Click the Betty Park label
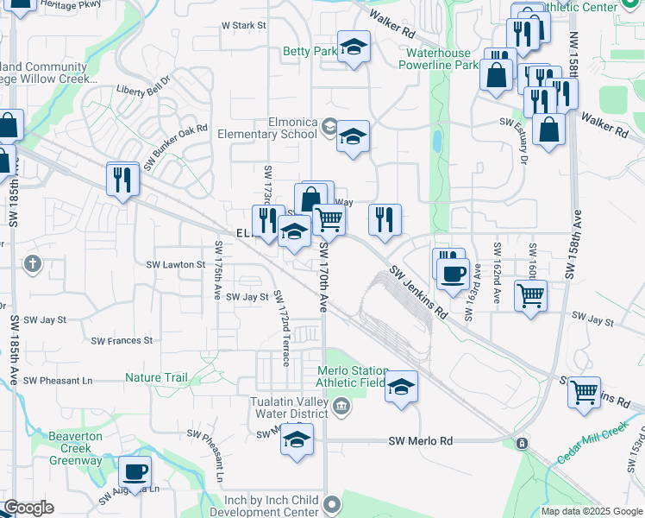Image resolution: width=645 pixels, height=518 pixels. [310, 52]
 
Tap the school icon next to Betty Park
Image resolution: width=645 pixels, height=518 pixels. [353, 47]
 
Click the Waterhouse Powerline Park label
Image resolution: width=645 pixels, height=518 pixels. [441, 59]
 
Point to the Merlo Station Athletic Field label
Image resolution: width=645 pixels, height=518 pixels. [352, 376]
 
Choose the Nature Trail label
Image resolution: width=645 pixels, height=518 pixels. [156, 377]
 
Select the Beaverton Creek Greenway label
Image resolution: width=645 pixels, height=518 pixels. [75, 448]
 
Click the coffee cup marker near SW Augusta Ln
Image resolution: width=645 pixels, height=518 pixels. [135, 471]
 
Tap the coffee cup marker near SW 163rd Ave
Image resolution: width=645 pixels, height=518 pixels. [452, 274]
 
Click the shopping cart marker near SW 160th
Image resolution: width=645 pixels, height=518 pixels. [530, 294]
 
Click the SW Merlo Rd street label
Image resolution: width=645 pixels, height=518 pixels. [421, 441]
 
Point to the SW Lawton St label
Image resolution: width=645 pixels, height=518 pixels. [176, 264]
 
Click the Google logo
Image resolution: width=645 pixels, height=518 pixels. [28, 509]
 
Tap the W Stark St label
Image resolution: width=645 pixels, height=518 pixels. [243, 26]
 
